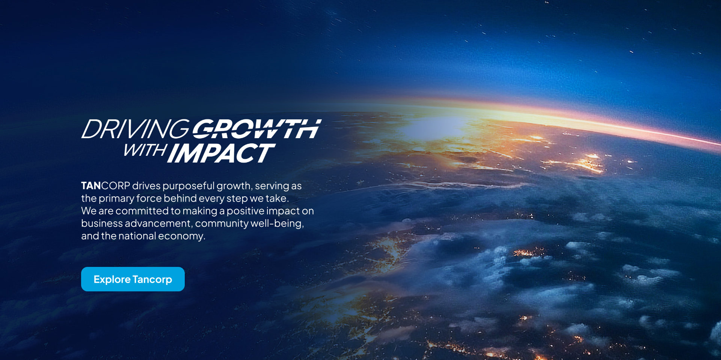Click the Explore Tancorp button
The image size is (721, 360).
coord(133,279)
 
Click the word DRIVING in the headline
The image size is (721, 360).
coord(136,129)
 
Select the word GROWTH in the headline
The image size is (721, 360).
coord(257,129)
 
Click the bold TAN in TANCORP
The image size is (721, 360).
coord(91,186)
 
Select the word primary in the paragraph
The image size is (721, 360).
coord(116,199)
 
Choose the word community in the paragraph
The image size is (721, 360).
coord(222,224)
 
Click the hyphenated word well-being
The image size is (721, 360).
coord(277,224)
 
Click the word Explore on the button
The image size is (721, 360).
coord(112,280)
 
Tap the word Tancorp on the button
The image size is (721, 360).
coord(152,280)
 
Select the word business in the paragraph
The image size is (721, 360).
coord(102,223)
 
